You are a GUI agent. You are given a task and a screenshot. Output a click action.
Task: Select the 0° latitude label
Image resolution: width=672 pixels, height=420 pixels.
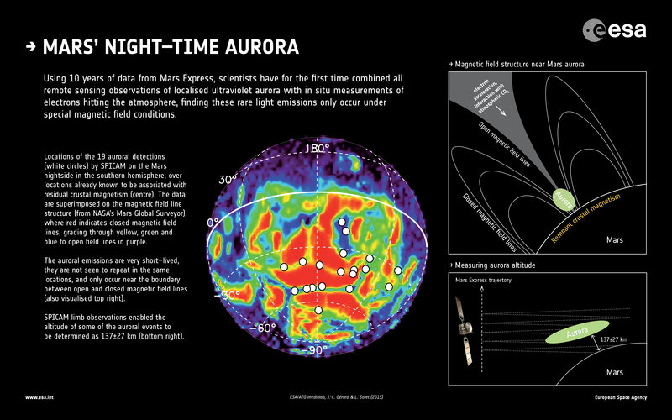213,223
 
